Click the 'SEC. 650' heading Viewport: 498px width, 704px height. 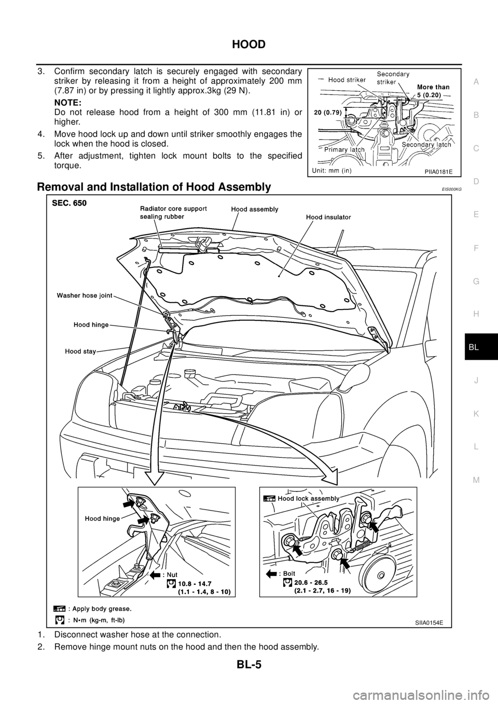[x=69, y=203]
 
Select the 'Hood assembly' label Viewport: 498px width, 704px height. [x=255, y=209]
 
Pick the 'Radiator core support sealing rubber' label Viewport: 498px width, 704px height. [x=173, y=213]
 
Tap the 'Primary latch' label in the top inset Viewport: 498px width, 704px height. [x=344, y=149]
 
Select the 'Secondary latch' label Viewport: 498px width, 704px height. [x=426, y=145]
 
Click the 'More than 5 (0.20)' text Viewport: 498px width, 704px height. [x=432, y=91]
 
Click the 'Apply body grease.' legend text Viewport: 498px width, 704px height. [x=102, y=609]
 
